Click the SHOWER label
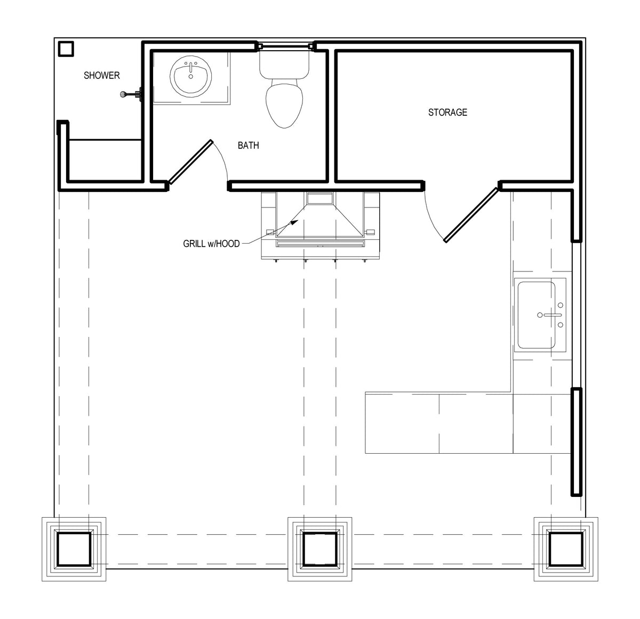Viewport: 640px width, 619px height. (x=102, y=76)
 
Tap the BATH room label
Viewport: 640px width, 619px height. (x=249, y=146)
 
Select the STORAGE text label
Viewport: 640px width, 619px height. (x=447, y=112)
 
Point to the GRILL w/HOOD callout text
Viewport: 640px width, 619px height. (x=212, y=244)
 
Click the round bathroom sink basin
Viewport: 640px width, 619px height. (x=191, y=76)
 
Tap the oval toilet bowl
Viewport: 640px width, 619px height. (x=284, y=105)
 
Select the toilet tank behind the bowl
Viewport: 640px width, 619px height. (x=284, y=65)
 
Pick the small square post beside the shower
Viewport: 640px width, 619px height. (x=66, y=49)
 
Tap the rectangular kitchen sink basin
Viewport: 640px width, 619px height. (x=537, y=315)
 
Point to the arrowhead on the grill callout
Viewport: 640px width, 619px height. (x=294, y=222)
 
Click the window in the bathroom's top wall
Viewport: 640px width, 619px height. (x=285, y=46)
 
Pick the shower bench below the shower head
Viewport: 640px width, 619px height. (x=105, y=160)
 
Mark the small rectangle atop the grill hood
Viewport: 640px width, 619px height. (x=319, y=198)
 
